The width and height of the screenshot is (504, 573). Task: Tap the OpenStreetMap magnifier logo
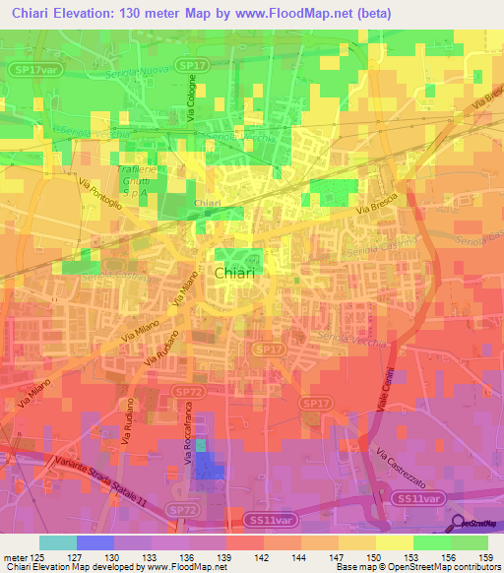coord(459,523)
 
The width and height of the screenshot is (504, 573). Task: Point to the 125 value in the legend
coord(36,556)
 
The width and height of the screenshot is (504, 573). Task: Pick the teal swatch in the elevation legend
coord(58,542)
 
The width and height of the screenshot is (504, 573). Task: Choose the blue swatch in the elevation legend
coord(94,542)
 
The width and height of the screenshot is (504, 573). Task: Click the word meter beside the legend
coord(14,556)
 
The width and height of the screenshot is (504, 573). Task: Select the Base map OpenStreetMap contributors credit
coord(416,567)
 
